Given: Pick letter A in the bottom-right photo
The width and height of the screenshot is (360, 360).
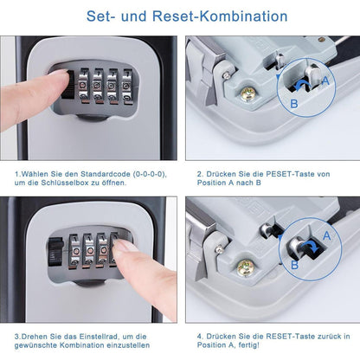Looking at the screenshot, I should [x=325, y=235].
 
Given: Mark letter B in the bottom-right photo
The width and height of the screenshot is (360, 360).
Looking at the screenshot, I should [x=294, y=266].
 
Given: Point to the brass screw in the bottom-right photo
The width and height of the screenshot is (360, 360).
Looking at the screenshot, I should [x=245, y=268].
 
